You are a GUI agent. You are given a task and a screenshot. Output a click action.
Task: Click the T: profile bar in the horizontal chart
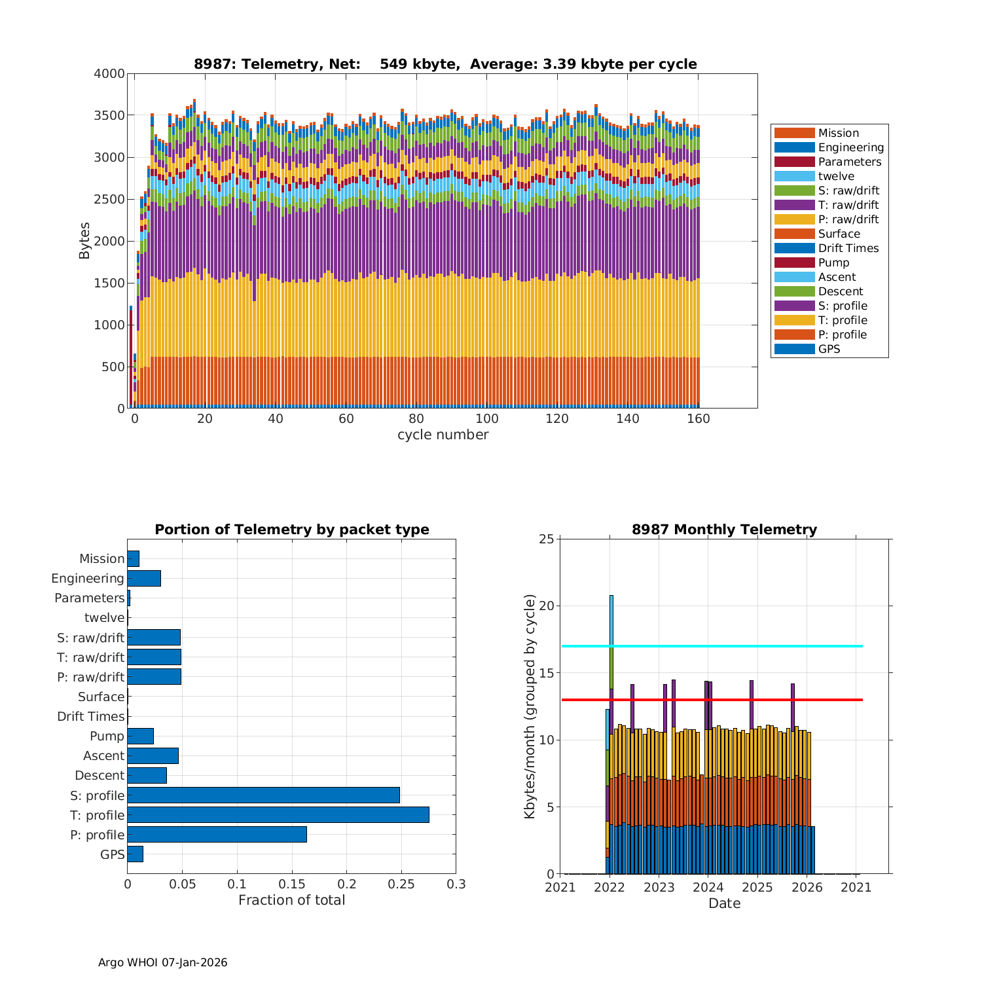coord(278,814)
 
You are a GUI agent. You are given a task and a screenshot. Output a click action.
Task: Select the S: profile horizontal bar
coord(263,795)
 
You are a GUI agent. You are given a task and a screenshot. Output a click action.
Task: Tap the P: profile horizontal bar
coord(217,834)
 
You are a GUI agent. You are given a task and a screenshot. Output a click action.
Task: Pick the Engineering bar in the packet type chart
coord(144,578)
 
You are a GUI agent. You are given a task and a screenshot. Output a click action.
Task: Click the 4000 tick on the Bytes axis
coord(109,74)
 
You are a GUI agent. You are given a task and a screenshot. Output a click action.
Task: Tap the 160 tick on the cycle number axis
coord(699,420)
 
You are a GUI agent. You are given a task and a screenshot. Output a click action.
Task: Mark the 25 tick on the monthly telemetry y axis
coord(547,539)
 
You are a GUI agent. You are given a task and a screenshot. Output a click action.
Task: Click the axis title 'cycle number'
coord(443,435)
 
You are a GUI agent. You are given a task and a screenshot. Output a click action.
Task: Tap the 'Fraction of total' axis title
coord(291,900)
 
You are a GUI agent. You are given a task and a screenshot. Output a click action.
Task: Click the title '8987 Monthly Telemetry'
coord(724,530)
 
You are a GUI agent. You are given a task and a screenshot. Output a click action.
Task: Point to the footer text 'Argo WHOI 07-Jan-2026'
coord(163,962)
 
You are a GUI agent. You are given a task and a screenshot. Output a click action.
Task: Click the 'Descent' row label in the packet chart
coord(100,775)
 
